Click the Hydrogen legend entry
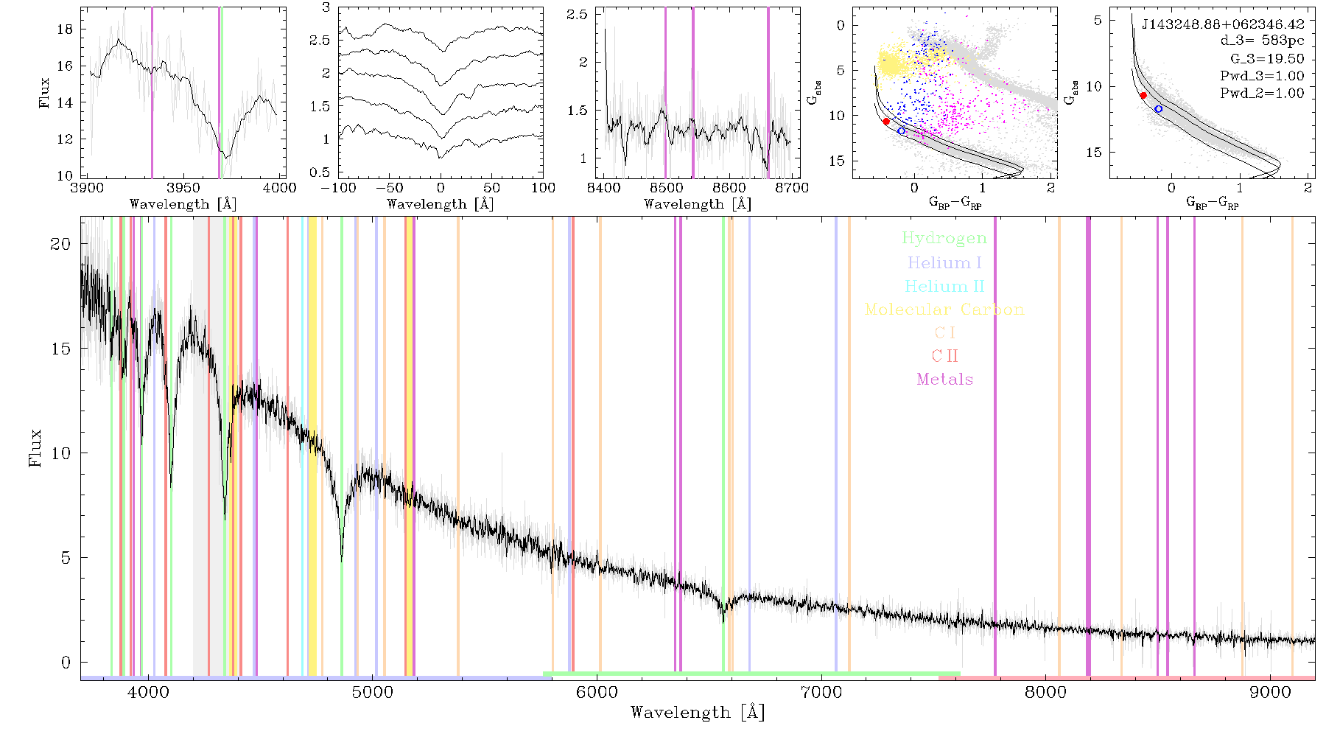pos(944,239)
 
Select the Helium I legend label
pos(944,262)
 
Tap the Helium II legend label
pos(944,286)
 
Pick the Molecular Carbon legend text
pos(944,310)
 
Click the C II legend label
pos(944,356)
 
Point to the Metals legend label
pos(944,380)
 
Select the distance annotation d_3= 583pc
pos(1252,41)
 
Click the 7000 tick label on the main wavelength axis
pos(821,693)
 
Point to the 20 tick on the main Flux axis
pos(60,244)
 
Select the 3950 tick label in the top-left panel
pos(183,188)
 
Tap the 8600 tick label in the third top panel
pos(729,188)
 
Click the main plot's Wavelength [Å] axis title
pos(698,713)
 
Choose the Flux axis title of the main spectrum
pos(35,448)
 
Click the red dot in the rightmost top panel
pos(1143,95)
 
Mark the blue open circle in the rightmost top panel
pos(1158,109)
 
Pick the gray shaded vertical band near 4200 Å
pos(200,446)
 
